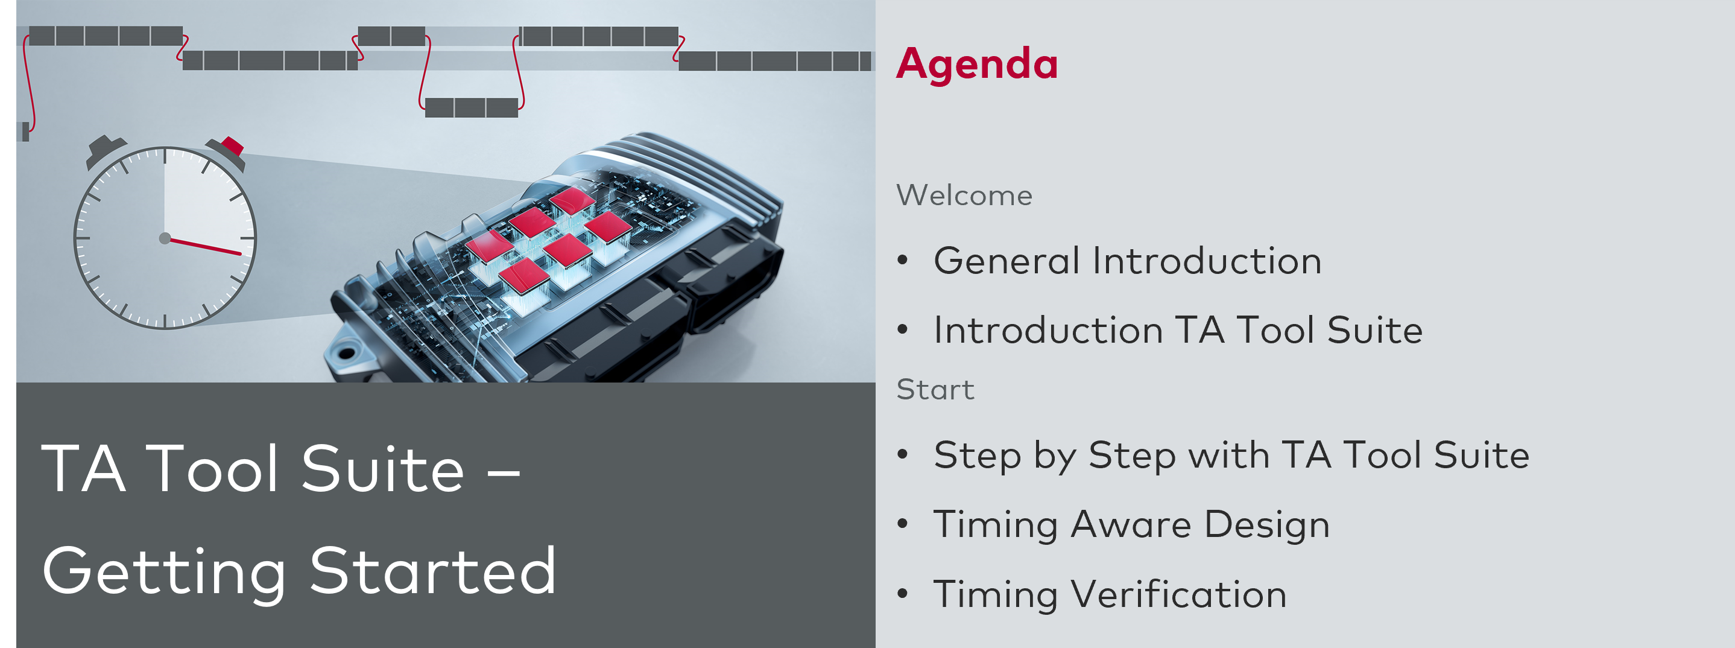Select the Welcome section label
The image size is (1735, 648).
pyautogui.click(x=964, y=195)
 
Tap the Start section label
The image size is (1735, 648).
pyautogui.click(x=935, y=389)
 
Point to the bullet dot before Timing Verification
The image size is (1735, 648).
pyautogui.click(x=903, y=594)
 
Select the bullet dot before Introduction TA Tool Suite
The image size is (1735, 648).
pyautogui.click(x=903, y=329)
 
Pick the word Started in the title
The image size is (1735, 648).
pyautogui.click(x=433, y=571)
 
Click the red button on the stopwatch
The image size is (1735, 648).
pyautogui.click(x=232, y=145)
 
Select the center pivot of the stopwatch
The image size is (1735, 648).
pyautogui.click(x=165, y=238)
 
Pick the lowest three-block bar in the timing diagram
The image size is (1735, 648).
pyautogui.click(x=472, y=108)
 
